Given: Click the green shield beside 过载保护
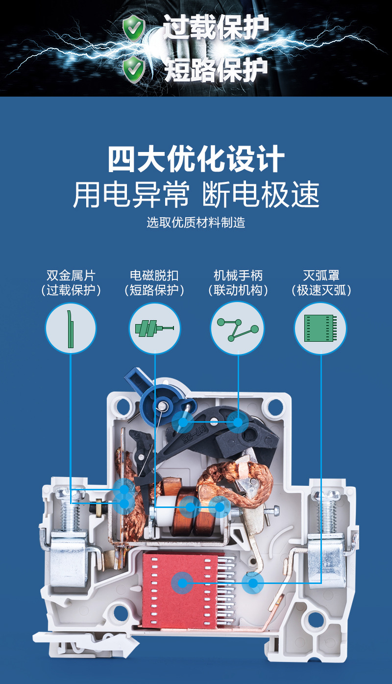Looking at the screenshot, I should (x=133, y=27).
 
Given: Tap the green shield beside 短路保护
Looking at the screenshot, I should (x=133, y=69).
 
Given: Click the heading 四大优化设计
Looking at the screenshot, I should (x=196, y=158).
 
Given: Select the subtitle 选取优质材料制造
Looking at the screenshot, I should (x=196, y=222).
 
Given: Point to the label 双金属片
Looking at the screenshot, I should (x=71, y=275).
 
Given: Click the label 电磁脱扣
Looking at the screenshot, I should (x=154, y=275).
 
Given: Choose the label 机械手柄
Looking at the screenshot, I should (x=238, y=275).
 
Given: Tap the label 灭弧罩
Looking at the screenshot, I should (x=321, y=275).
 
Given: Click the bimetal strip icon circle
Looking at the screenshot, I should (x=71, y=328).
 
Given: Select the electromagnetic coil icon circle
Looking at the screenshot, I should (x=154, y=328).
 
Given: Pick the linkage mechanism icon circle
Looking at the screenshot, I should (x=238, y=328).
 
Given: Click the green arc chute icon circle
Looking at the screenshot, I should (x=321, y=328).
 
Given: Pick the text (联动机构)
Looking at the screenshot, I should (x=238, y=290).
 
